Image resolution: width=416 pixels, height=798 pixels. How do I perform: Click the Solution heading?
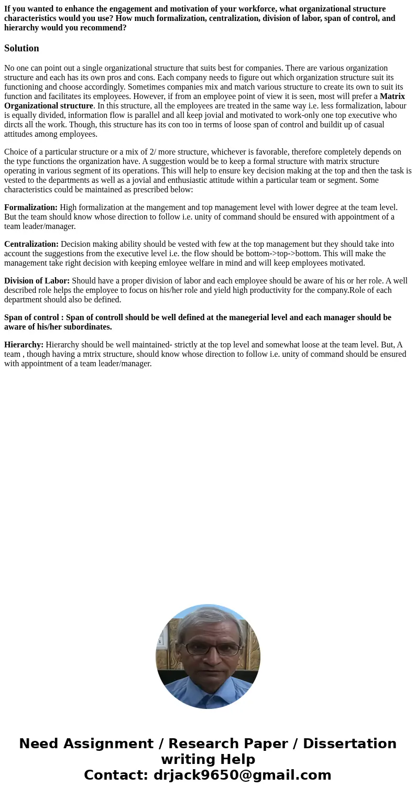(21, 48)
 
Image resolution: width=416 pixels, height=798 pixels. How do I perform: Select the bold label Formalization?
(31, 207)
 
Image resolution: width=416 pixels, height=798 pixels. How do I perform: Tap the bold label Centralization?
(31, 244)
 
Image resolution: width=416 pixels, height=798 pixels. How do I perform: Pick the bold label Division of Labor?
(37, 281)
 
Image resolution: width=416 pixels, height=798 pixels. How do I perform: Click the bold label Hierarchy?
(24, 345)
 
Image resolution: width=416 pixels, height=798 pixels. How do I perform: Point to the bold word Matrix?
(392, 96)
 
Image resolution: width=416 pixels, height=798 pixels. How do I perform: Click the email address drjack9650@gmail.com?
(243, 775)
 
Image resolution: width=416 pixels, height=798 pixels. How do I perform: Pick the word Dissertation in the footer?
(349, 744)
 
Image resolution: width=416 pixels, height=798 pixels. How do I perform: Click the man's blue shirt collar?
(209, 681)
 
